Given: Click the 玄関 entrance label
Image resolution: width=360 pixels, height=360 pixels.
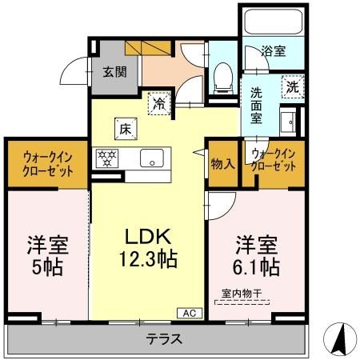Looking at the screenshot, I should click(114, 72).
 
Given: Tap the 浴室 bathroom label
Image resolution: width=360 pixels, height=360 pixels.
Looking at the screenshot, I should click(274, 51).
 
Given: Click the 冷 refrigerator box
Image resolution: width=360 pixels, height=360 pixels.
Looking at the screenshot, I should click(160, 102).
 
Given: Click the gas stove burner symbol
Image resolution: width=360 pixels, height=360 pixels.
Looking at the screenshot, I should click(106, 158).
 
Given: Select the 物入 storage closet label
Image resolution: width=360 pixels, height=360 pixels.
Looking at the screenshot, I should click(222, 163).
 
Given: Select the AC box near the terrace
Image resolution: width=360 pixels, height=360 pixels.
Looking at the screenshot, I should click(190, 313).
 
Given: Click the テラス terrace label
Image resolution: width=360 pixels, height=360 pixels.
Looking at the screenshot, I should click(162, 339).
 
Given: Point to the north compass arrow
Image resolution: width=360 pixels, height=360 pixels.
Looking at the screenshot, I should click(340, 338).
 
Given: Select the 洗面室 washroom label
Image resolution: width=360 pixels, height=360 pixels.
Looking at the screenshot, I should click(257, 105).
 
